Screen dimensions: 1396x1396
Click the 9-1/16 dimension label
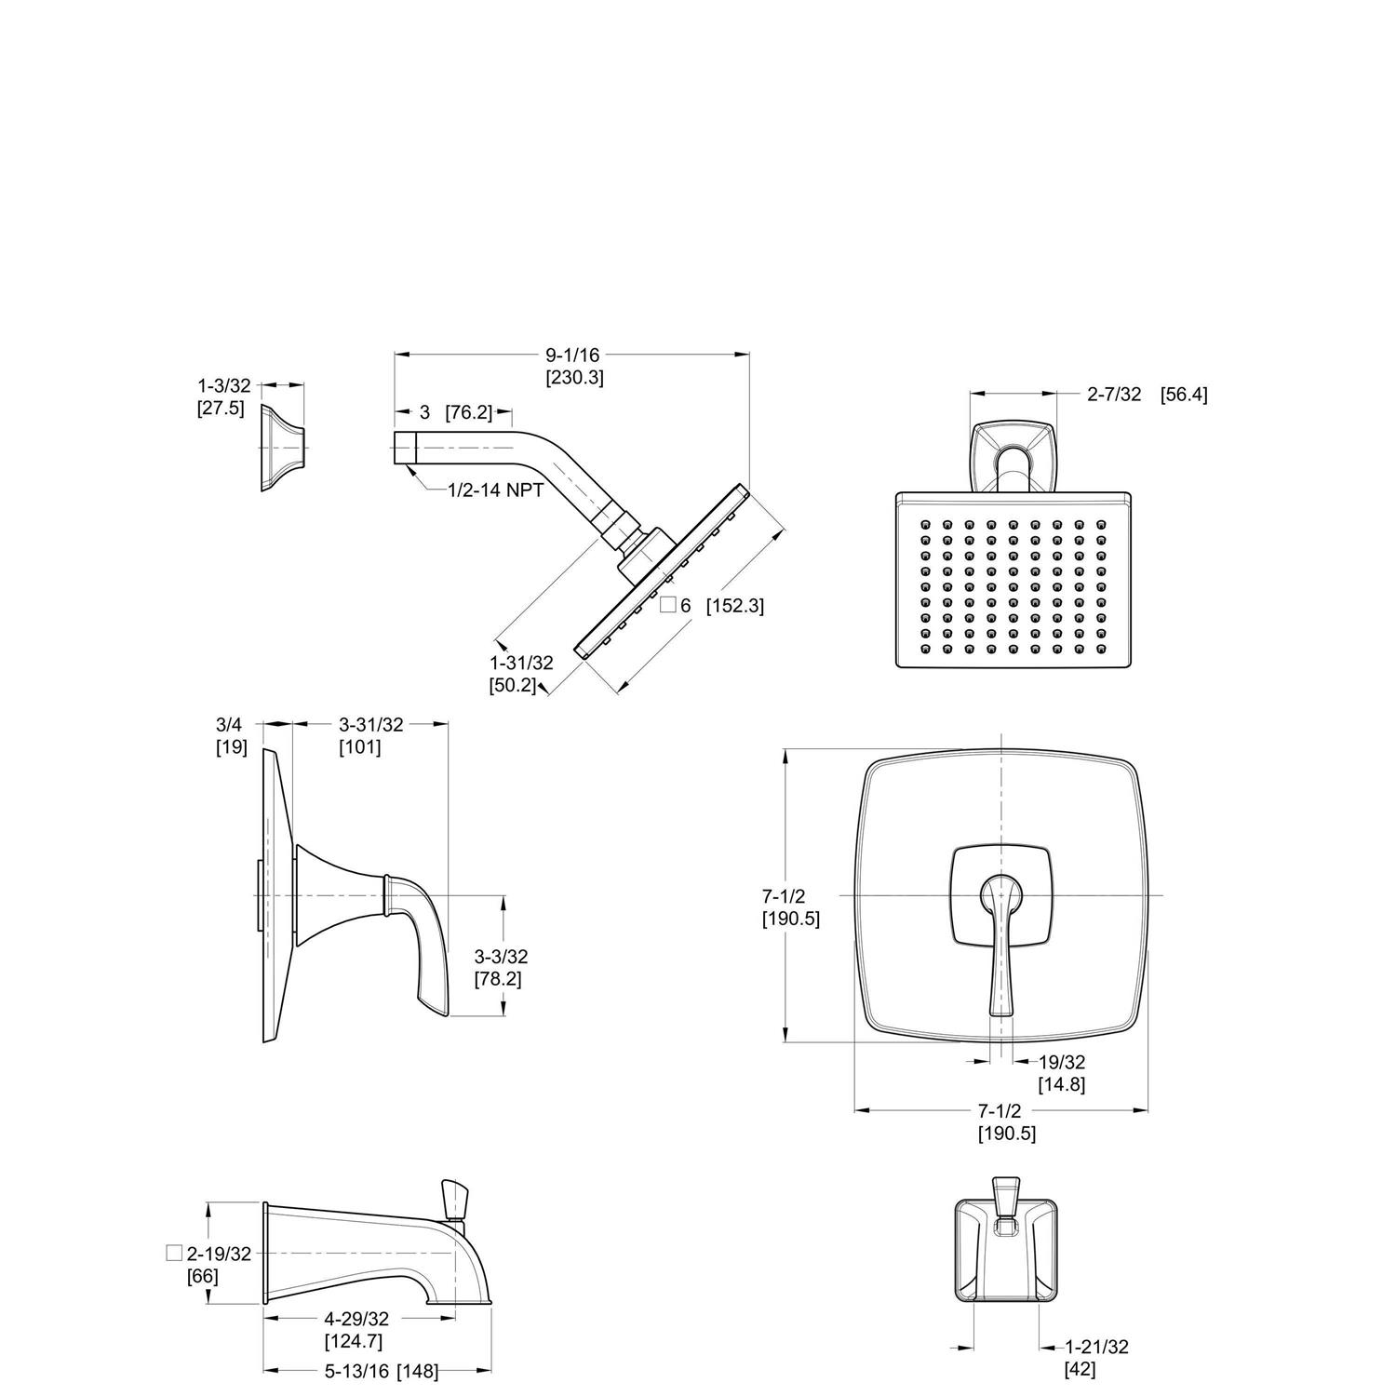pyautogui.click(x=572, y=355)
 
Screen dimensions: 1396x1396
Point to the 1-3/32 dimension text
pyautogui.click(x=223, y=385)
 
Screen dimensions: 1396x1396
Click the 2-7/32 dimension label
pyautogui.click(x=1114, y=395)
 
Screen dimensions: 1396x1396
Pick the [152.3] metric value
pyautogui.click(x=734, y=606)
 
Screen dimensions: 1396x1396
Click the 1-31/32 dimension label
pyautogui.click(x=521, y=663)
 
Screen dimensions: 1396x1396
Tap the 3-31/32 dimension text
pyautogui.click(x=370, y=724)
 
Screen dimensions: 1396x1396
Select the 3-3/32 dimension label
pyautogui.click(x=501, y=956)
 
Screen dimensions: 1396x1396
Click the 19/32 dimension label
pyautogui.click(x=1062, y=1062)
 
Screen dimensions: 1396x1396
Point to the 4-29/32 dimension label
pyautogui.click(x=356, y=1319)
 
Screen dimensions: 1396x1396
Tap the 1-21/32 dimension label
pyautogui.click(x=1096, y=1347)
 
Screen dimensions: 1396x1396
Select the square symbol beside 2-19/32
pyautogui.click(x=173, y=1252)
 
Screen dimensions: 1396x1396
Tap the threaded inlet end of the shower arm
pyautogui.click(x=404, y=448)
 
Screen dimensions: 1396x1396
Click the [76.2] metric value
pyautogui.click(x=468, y=412)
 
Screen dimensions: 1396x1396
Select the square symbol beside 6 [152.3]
pyautogui.click(x=667, y=605)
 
